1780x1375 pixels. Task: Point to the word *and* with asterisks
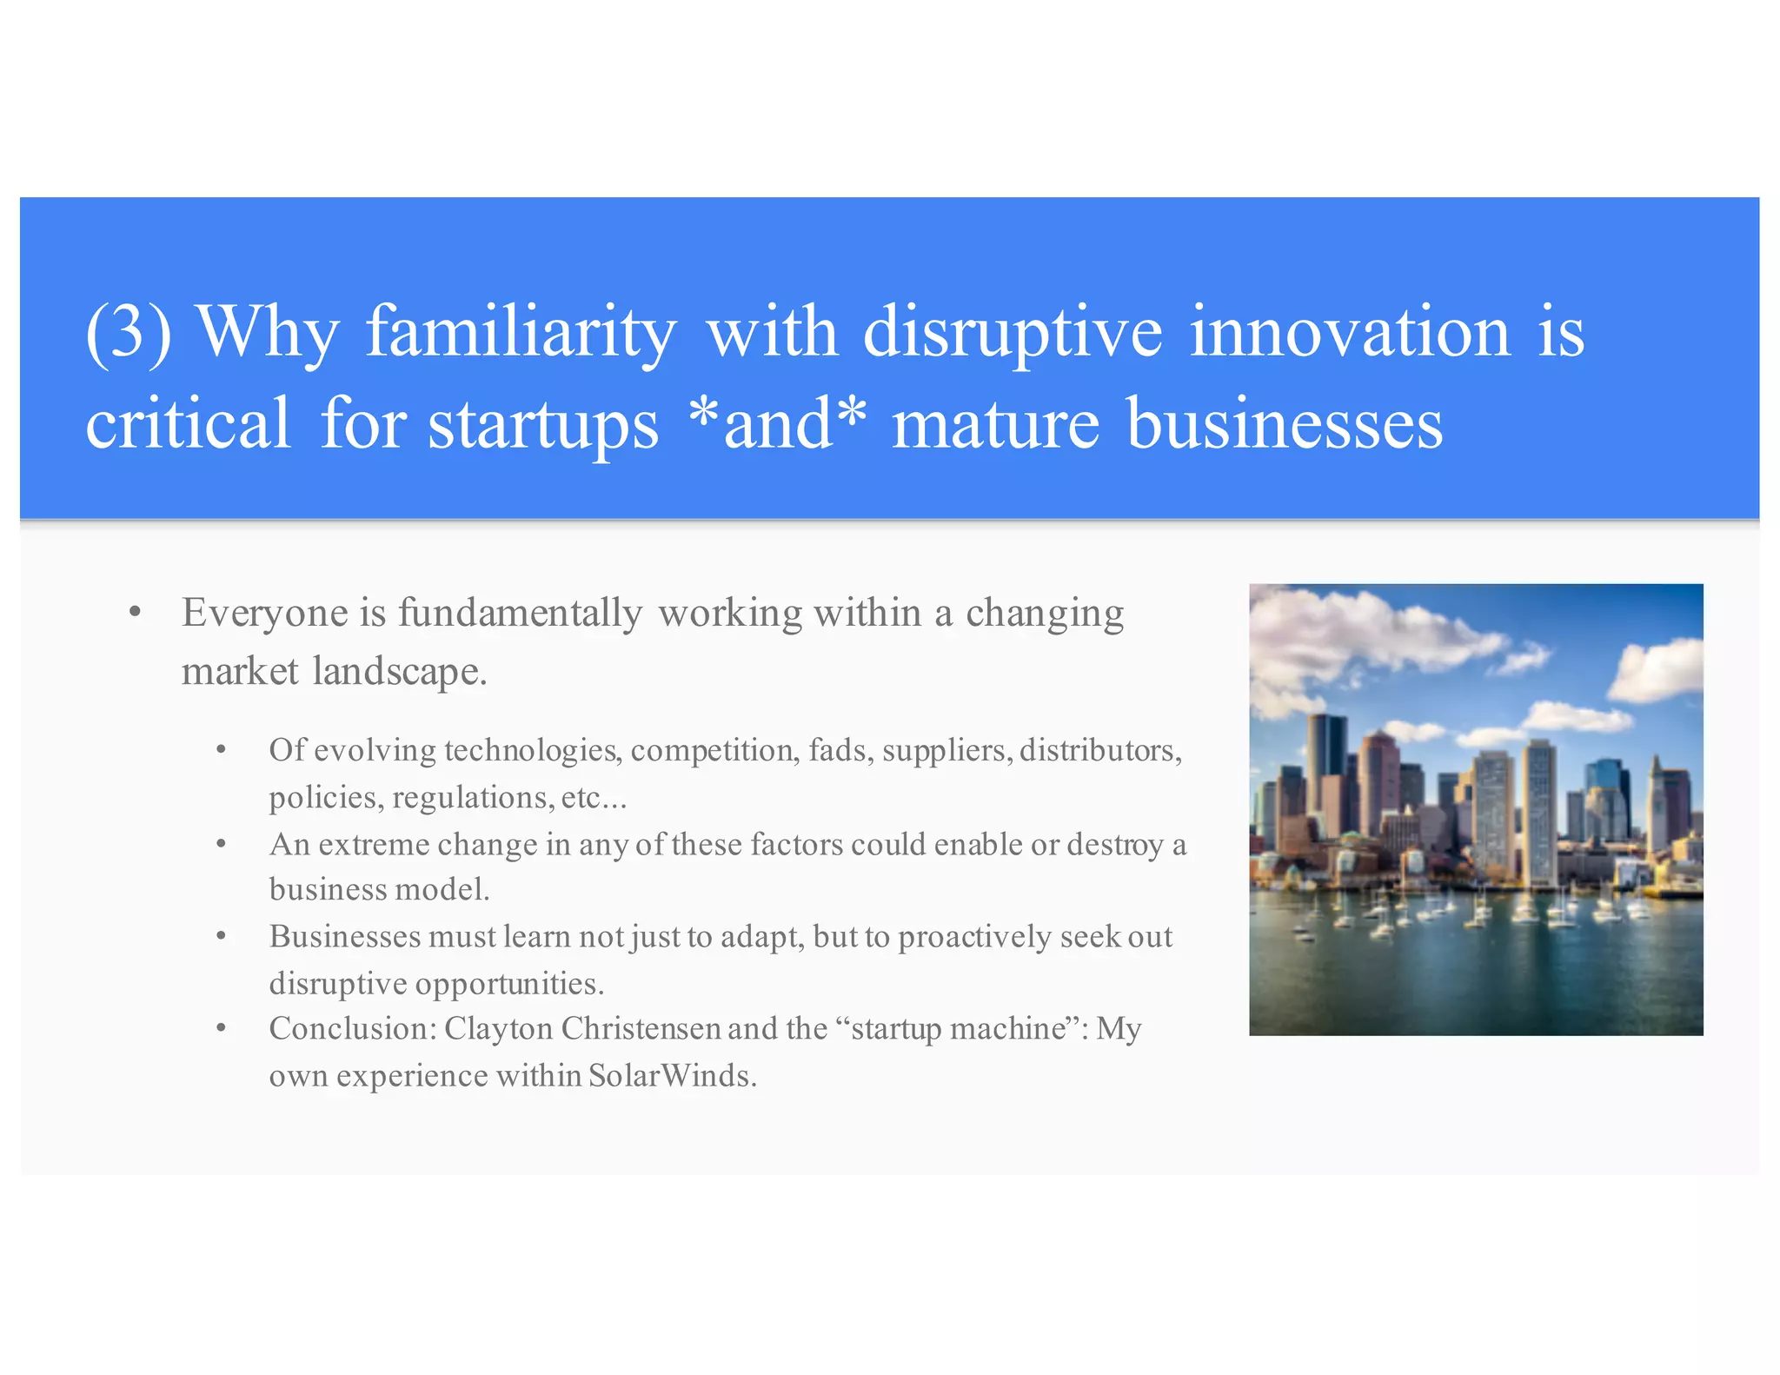776,423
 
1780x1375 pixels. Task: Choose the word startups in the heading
543,425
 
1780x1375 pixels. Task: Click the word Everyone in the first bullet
264,614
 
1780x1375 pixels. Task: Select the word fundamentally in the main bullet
520,614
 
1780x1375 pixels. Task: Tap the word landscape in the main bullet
399,672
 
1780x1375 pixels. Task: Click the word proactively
974,938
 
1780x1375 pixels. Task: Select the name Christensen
641,1029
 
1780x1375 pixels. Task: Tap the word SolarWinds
671,1076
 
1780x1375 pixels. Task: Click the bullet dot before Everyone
135,613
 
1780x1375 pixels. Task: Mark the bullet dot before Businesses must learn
222,937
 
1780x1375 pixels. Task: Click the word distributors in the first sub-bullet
1099,750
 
